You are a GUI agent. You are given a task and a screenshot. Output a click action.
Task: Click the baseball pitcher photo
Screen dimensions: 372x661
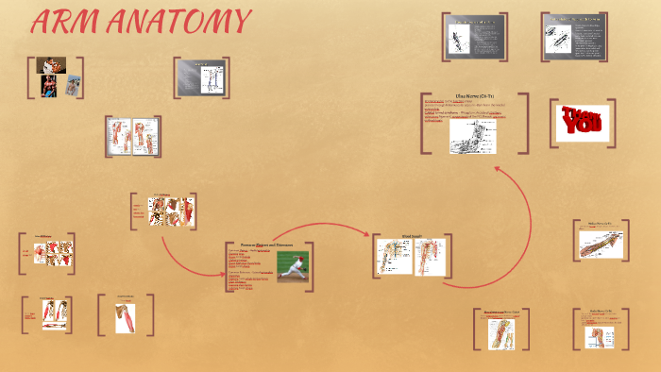pos(292,263)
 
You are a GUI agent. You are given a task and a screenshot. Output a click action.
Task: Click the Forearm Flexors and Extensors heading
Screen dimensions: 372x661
pos(266,245)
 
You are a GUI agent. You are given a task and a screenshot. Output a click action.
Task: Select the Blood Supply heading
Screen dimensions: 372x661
pos(413,236)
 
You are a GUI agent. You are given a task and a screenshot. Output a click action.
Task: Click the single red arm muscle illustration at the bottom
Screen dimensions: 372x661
pos(127,319)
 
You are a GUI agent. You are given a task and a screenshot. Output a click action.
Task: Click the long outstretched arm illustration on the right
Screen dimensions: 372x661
pos(602,244)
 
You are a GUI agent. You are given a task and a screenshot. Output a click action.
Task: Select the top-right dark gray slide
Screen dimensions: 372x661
pos(574,37)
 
